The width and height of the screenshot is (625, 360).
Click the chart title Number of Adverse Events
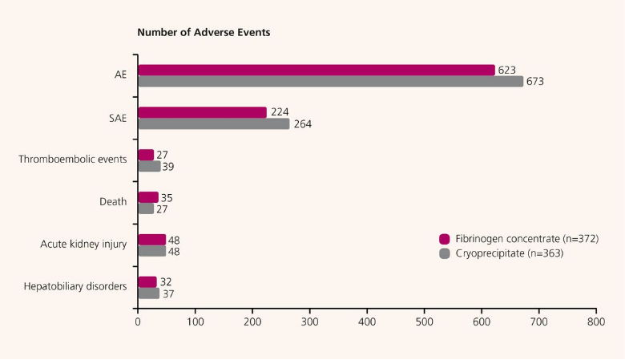204,33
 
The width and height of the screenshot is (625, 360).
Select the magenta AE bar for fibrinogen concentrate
317,70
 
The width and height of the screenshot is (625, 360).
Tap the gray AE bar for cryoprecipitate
330,81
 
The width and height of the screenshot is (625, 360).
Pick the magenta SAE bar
202,112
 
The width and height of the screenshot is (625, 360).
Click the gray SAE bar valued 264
213,123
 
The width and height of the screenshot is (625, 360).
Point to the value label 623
506,70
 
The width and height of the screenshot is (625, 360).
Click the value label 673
535,81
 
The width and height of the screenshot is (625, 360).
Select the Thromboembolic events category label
73,159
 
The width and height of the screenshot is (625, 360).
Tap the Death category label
113,201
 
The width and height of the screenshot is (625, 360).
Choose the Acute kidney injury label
84,244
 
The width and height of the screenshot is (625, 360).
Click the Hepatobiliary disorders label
75,286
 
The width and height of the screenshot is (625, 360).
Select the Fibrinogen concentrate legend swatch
445,239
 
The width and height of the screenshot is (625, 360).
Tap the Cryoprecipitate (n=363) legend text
509,254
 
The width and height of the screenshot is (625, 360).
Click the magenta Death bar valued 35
148,197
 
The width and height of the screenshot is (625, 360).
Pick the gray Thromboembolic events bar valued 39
149,166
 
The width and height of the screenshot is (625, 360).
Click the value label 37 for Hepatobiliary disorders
168,293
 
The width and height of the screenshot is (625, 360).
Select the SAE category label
117,117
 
